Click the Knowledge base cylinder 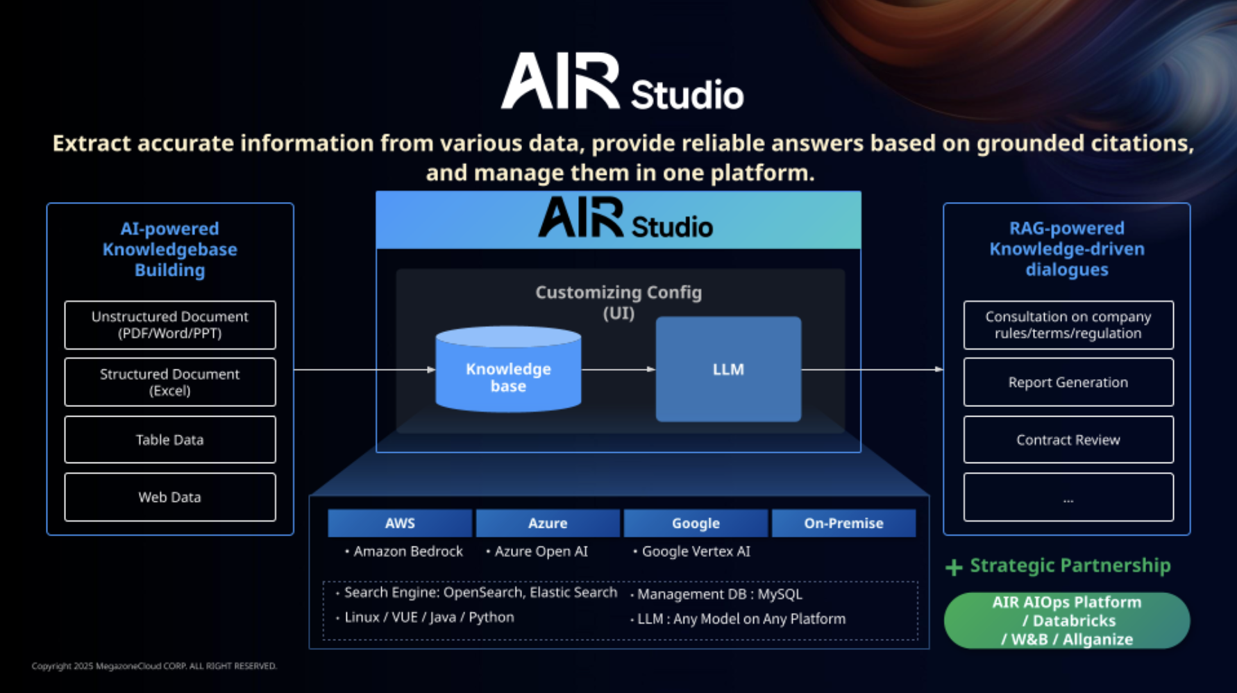[x=508, y=369]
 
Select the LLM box [x=728, y=369]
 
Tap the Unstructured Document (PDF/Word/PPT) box [x=170, y=325]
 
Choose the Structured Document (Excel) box [x=170, y=382]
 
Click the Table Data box [x=170, y=440]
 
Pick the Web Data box [x=170, y=497]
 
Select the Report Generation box [x=1068, y=382]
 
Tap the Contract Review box [x=1068, y=440]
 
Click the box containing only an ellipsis [x=1068, y=497]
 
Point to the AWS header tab [x=400, y=523]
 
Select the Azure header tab [x=548, y=523]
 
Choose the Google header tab [x=696, y=523]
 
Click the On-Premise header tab [x=843, y=523]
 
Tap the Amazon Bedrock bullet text [x=404, y=551]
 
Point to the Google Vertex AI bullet [x=692, y=551]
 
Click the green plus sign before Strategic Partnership [x=954, y=567]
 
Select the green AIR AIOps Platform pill [x=1067, y=621]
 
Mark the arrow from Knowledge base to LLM [x=618, y=369]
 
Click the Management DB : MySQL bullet [x=716, y=594]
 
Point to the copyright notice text [x=154, y=666]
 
